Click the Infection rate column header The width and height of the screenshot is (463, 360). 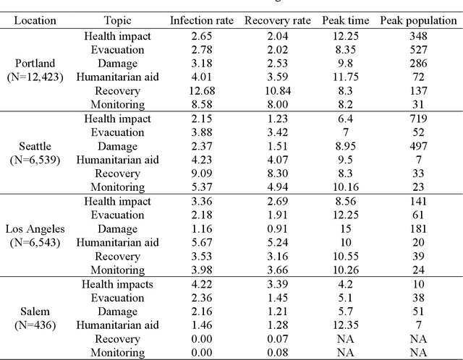pyautogui.click(x=202, y=20)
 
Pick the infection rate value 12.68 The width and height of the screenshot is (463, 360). pyautogui.click(x=202, y=90)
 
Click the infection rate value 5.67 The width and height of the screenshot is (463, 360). pyautogui.click(x=202, y=242)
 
